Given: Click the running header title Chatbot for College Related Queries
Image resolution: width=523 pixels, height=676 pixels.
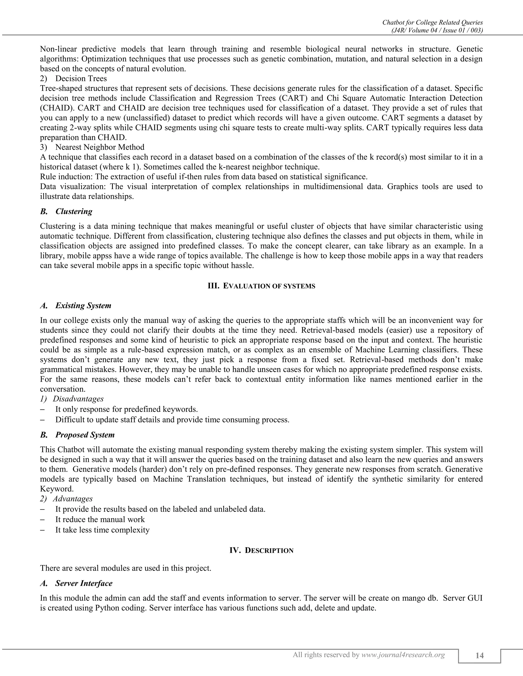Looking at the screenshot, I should click(x=433, y=22).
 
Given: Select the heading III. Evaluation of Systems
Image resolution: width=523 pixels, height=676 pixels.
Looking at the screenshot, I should click(x=261, y=286).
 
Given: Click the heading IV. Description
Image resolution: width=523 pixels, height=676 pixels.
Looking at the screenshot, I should click(x=261, y=550).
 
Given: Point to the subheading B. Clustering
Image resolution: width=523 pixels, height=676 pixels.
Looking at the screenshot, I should click(x=66, y=211).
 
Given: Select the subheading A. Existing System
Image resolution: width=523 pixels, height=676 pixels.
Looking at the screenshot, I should click(x=76, y=306).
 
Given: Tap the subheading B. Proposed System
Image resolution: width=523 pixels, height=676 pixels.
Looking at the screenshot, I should click(x=77, y=435).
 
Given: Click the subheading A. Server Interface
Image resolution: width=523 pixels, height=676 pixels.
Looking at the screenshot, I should click(x=76, y=583).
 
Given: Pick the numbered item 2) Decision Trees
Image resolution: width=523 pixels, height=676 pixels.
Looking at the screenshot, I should click(x=74, y=79).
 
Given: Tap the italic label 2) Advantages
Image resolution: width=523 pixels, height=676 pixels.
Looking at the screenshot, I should click(x=66, y=499).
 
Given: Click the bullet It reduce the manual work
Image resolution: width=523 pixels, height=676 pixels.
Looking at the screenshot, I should click(x=100, y=519).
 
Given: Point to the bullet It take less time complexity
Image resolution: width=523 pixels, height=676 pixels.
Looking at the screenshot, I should click(x=102, y=530).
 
